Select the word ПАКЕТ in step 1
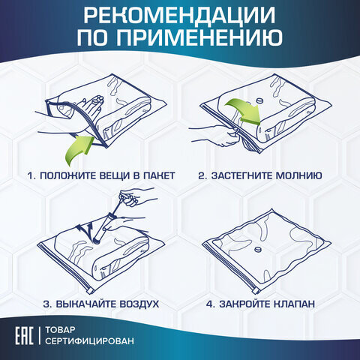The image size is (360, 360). click(157, 175)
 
